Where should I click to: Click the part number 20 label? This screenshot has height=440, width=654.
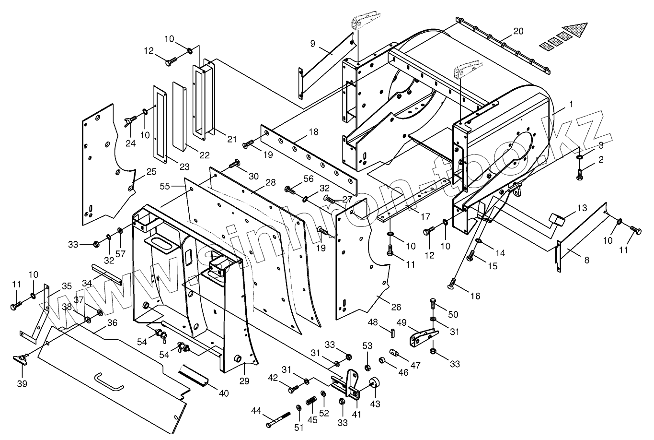[x=518, y=31]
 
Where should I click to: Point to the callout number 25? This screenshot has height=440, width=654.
[x=151, y=171]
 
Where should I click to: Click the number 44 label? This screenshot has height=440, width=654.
[x=256, y=411]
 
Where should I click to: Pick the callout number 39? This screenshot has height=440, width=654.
[x=22, y=383]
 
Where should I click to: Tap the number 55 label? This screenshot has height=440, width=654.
[x=165, y=186]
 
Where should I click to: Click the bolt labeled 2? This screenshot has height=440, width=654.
[x=580, y=173]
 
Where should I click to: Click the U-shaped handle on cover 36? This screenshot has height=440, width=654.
[x=108, y=382]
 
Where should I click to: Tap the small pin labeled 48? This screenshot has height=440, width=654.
[x=392, y=332]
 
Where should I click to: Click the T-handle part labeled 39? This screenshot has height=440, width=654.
[x=20, y=358]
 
